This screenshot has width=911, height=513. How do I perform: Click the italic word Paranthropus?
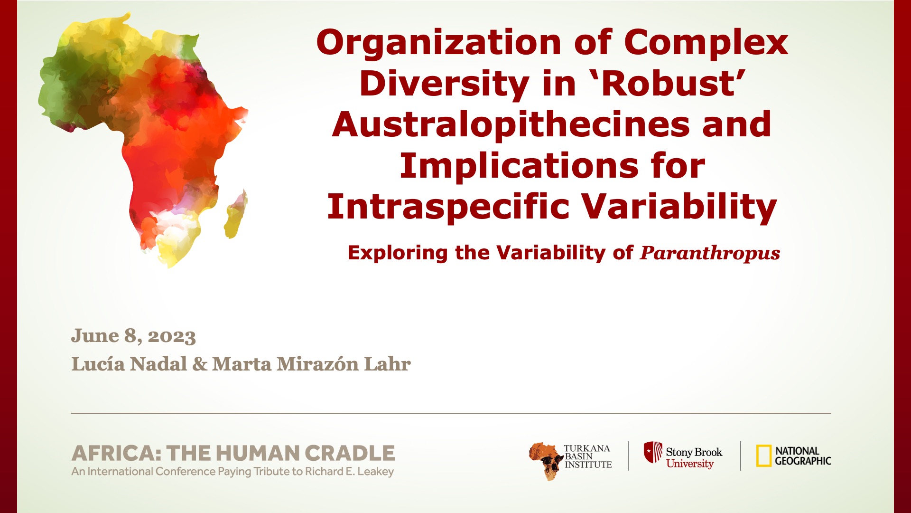(x=710, y=254)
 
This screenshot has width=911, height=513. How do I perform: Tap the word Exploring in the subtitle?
(x=398, y=253)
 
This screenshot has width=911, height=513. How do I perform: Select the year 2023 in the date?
(x=172, y=336)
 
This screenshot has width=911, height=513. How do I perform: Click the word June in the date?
(x=95, y=335)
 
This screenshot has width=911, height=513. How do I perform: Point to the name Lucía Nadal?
(x=129, y=364)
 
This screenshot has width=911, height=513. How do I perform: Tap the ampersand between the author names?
(x=200, y=364)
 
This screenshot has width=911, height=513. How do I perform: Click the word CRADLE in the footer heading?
(x=350, y=454)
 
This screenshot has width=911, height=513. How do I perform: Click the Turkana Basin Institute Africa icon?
(x=545, y=461)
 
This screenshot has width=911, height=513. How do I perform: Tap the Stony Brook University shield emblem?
(x=653, y=452)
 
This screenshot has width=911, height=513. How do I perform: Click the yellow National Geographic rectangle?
(x=763, y=456)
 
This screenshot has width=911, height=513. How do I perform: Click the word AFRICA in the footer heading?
(x=113, y=454)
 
